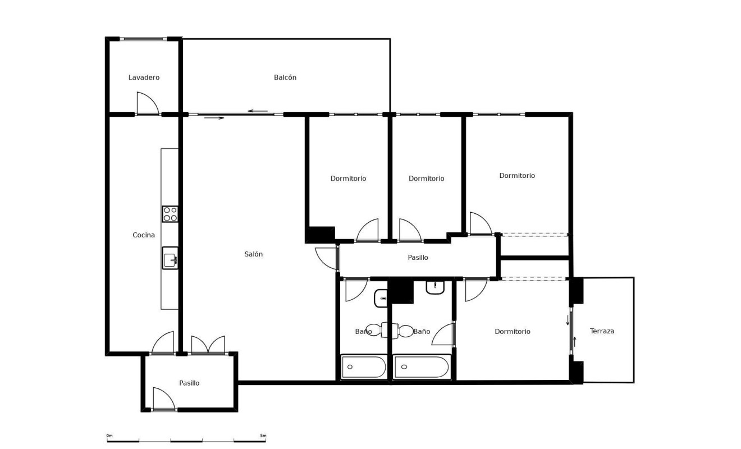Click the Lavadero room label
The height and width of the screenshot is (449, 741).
click(144, 77)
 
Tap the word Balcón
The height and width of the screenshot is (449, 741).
click(285, 77)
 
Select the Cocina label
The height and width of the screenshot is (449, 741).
click(144, 235)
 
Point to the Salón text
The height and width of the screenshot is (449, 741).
click(254, 254)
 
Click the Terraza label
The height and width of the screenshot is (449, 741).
click(602, 331)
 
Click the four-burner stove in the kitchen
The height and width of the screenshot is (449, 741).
click(170, 214)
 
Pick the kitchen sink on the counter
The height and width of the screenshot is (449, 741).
click(170, 258)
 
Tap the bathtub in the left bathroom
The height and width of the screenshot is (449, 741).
click(364, 367)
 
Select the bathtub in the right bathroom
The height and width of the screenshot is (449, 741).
click(421, 367)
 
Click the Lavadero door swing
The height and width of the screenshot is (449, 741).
click(147, 104)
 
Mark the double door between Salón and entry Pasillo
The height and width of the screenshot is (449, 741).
click(208, 345)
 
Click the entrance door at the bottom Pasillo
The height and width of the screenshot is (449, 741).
click(163, 399)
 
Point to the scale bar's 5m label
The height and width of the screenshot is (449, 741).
click(263, 436)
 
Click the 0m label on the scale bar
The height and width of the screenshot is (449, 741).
click(109, 436)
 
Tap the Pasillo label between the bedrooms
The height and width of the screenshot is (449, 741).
click(418, 258)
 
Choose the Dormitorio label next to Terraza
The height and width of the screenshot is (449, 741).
click(513, 332)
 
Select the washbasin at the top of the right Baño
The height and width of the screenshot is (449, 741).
click(435, 287)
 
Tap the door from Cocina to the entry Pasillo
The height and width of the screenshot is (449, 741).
click(163, 343)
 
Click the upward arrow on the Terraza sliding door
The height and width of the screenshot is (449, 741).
click(575, 340)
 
